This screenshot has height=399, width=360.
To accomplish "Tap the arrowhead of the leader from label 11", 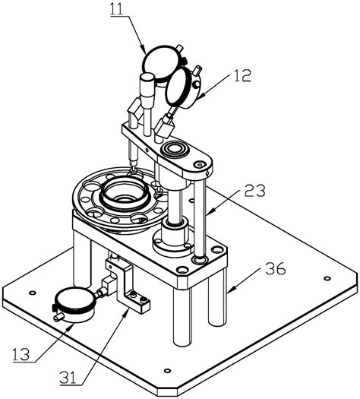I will tap(147, 50).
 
